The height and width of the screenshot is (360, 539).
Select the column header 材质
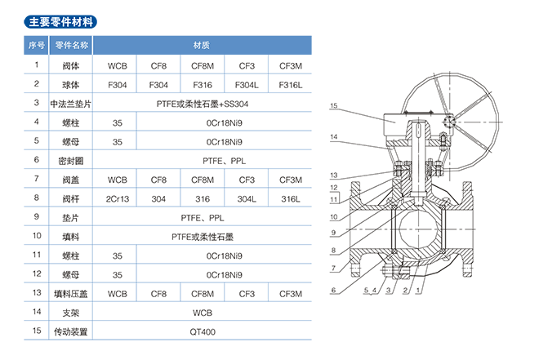tap(202, 44)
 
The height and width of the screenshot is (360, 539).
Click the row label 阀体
tap(71, 64)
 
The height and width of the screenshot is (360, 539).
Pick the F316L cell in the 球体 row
tap(291, 84)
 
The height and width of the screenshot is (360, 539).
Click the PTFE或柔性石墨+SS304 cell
tap(202, 104)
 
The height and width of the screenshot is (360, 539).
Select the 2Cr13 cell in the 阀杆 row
tap(117, 198)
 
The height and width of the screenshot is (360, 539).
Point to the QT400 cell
tap(202, 333)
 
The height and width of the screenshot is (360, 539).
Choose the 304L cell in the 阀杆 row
tap(247, 198)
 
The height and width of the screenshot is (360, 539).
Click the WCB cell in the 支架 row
tap(202, 313)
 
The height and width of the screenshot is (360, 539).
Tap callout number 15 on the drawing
tap(334, 106)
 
